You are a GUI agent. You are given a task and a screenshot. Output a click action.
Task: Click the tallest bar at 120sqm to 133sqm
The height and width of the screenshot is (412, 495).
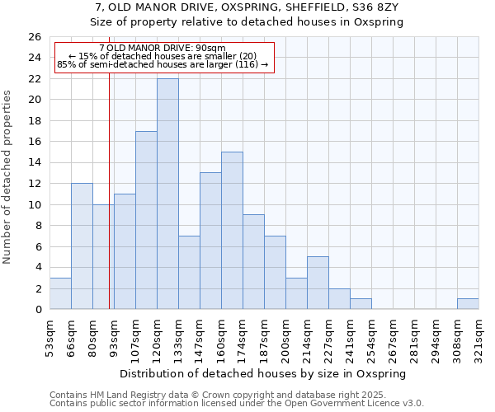167,194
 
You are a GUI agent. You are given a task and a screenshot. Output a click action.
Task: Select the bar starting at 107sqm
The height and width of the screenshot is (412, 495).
146,220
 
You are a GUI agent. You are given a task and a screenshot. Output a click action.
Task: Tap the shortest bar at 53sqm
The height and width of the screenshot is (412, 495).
60,293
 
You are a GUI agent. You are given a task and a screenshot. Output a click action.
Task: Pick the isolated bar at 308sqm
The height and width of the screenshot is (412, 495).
468,304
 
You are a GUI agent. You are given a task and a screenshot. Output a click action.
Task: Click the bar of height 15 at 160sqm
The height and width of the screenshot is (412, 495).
232,231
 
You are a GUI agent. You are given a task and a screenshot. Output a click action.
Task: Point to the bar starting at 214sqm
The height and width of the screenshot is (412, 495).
318,283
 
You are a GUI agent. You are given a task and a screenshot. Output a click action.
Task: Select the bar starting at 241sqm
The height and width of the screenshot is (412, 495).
361,304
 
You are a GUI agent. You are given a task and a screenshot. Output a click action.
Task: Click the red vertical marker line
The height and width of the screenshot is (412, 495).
109,206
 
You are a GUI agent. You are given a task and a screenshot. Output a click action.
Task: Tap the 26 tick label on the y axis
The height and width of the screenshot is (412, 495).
35,37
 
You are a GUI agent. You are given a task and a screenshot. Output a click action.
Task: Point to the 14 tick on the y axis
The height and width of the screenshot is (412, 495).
35,162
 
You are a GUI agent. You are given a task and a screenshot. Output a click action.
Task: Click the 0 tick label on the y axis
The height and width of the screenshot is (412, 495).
38,309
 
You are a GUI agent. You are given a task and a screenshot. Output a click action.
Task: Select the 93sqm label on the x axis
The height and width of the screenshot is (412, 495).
115,336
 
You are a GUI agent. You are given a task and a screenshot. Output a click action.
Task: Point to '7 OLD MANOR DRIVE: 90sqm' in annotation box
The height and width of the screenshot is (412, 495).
162,48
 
